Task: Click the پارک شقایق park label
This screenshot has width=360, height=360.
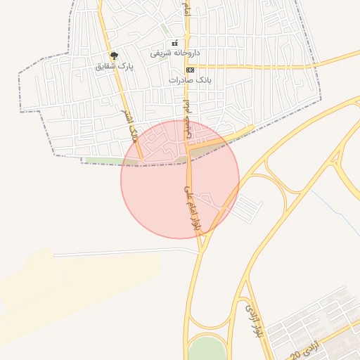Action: coord(115,67)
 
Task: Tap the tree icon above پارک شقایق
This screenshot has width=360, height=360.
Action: coord(114,56)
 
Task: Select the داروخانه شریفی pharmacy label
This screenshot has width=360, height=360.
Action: coord(175,53)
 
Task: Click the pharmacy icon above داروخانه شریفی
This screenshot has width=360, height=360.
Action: coord(174,44)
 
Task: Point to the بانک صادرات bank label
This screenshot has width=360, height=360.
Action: coord(191,80)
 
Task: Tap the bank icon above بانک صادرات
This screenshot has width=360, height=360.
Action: coord(191,70)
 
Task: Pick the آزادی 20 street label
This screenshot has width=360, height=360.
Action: coord(305,349)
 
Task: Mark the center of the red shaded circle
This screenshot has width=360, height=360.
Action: coord(180,179)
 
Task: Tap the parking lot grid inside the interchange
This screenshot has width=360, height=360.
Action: coord(246,207)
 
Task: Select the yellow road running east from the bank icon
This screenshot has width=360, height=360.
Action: coord(267,68)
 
